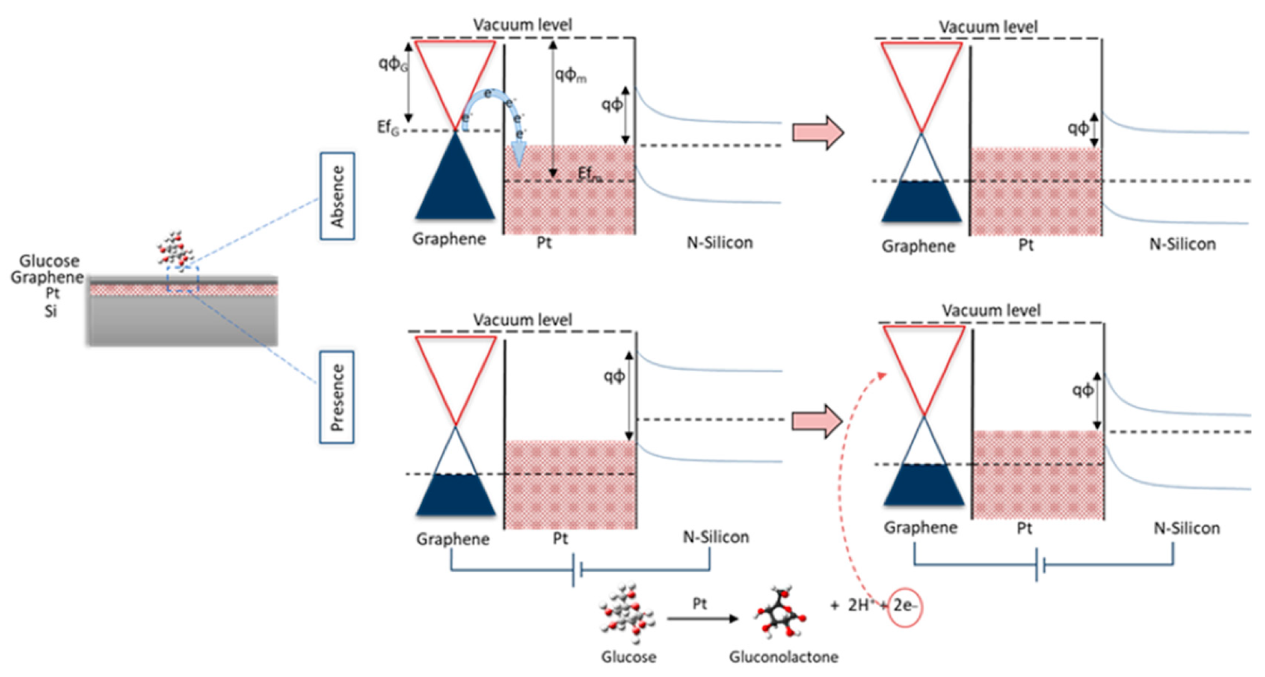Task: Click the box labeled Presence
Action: [x=336, y=397]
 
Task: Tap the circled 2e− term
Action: [x=904, y=606]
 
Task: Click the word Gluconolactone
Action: [x=783, y=657]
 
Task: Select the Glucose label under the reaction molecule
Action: [x=628, y=657]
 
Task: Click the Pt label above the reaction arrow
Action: [x=699, y=604]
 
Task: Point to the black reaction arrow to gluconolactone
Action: [x=702, y=618]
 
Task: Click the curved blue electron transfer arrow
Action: [x=494, y=106]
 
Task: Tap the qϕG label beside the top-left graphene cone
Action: [x=393, y=64]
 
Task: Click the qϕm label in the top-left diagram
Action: [x=570, y=75]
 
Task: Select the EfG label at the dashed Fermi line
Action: [x=388, y=128]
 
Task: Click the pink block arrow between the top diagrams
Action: [x=818, y=133]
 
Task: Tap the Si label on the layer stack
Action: [x=51, y=311]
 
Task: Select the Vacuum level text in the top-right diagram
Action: [x=988, y=27]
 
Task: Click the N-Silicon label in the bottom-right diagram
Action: [x=1186, y=528]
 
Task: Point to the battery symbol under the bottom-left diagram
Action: [x=578, y=570]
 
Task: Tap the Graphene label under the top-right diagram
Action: [x=918, y=246]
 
